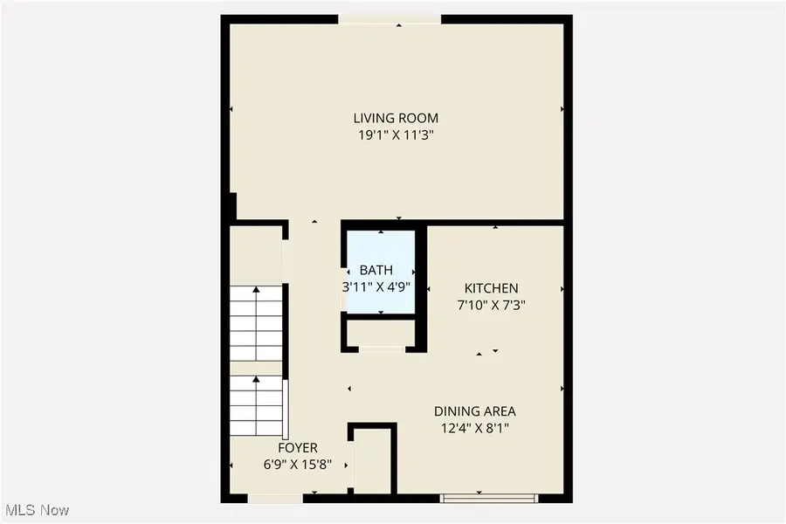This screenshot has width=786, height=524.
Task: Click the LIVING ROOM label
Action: click(x=395, y=118)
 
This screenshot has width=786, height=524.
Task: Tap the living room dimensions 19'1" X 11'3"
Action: click(x=395, y=135)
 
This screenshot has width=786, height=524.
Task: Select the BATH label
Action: click(x=376, y=270)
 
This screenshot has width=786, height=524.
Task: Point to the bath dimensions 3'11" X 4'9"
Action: click(x=376, y=286)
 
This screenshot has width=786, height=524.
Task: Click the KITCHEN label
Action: click(x=491, y=288)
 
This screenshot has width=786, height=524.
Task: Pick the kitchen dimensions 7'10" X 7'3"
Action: click(x=491, y=305)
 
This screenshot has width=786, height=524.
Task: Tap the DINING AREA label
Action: click(x=475, y=411)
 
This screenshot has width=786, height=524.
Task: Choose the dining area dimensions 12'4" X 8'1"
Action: click(x=475, y=428)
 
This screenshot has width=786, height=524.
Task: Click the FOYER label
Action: click(x=297, y=448)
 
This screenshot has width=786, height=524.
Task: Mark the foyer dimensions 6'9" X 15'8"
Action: click(x=297, y=465)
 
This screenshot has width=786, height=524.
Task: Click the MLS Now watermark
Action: click(x=38, y=509)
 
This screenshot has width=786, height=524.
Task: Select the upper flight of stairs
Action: click(x=256, y=323)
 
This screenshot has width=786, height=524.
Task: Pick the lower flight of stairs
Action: click(x=256, y=408)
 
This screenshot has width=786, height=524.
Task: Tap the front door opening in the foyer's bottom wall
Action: click(x=275, y=499)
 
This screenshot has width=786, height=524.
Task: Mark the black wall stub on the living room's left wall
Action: click(x=231, y=206)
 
